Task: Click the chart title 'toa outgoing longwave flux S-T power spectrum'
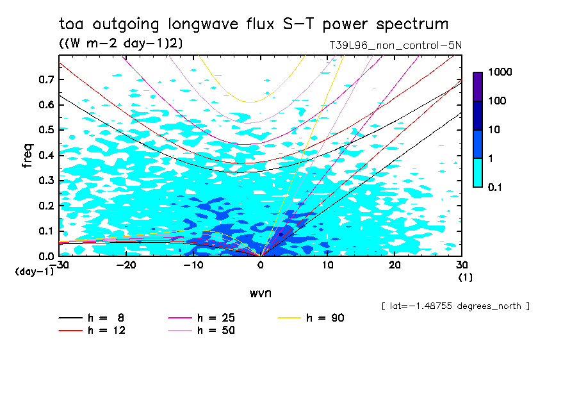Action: point(253,24)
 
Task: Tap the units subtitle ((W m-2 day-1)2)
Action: point(121,44)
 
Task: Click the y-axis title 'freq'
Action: point(28,156)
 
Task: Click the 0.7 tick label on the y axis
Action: point(45,79)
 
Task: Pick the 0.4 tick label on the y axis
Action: point(45,155)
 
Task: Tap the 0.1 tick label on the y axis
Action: point(45,231)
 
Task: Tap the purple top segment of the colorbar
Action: point(478,86)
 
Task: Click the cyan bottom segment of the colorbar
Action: point(478,172)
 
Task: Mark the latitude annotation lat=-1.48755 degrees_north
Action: point(455,306)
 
